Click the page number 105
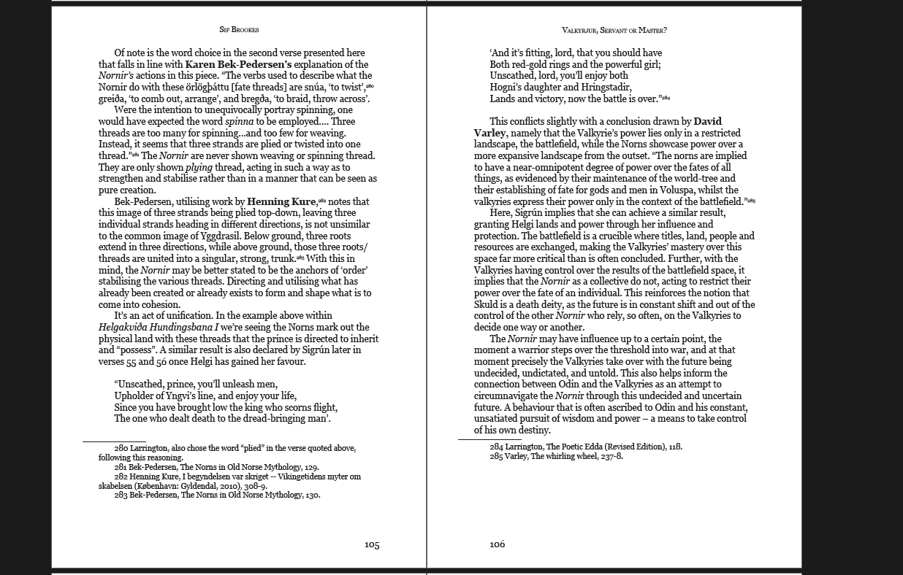tap(372, 544)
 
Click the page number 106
tap(497, 544)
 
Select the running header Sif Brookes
tap(239, 30)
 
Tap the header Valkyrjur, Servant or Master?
tap(614, 30)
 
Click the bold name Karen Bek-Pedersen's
tap(238, 64)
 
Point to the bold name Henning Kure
tap(281, 201)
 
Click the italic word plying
tap(199, 167)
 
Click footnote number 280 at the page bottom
tap(121, 448)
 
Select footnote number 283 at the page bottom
tap(121, 495)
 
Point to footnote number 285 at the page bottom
tap(496, 456)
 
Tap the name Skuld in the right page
tap(487, 304)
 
